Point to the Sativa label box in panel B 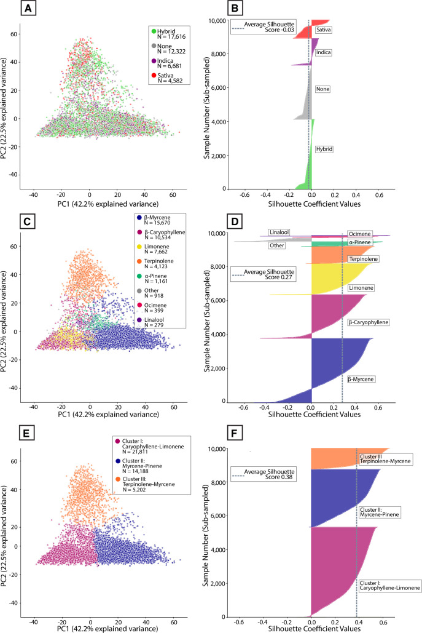tap(324, 30)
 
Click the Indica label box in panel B tap(324, 53)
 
